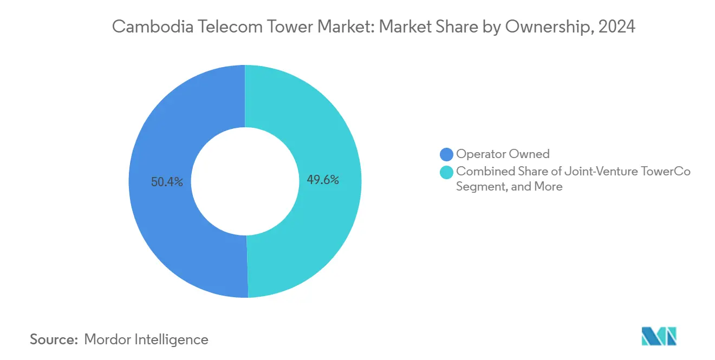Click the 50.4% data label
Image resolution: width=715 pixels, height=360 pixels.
click(167, 182)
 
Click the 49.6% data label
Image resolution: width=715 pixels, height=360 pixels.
click(323, 180)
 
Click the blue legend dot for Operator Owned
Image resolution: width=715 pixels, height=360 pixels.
click(447, 155)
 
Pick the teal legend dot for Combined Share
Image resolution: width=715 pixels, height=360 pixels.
click(447, 172)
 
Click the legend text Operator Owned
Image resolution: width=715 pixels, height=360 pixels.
click(503, 154)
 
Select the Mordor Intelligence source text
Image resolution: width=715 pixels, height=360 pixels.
click(146, 339)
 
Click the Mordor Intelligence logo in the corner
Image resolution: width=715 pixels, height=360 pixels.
click(659, 337)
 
